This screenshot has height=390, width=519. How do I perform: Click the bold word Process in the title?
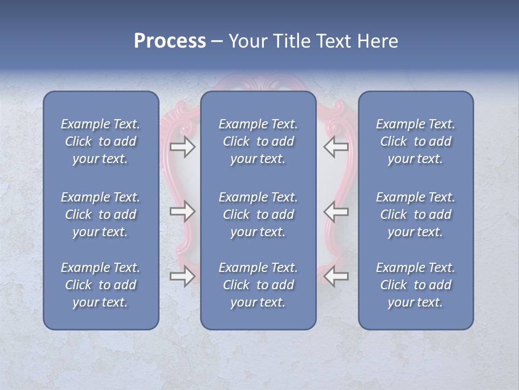tap(170, 41)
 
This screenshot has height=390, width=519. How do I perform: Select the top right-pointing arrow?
tap(182, 146)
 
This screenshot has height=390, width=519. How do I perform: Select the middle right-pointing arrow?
tap(182, 211)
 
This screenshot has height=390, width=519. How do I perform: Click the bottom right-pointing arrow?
tap(182, 276)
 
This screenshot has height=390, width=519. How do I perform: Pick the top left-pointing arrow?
tap(336, 146)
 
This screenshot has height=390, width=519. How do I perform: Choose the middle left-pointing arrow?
tap(336, 211)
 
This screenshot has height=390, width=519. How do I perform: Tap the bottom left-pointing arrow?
tap(336, 276)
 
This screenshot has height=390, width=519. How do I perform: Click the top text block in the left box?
tap(101, 141)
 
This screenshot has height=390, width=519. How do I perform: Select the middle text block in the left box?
tap(101, 214)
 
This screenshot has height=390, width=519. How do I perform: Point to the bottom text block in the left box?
tap(101, 285)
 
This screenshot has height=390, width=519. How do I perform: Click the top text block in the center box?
tap(258, 141)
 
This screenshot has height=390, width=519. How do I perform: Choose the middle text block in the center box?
tap(258, 214)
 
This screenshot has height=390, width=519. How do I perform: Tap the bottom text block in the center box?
tap(258, 285)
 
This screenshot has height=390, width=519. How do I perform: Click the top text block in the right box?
tap(415, 141)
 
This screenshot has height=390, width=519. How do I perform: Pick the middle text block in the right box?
tap(415, 214)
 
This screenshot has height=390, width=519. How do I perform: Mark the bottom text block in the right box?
tap(415, 285)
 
